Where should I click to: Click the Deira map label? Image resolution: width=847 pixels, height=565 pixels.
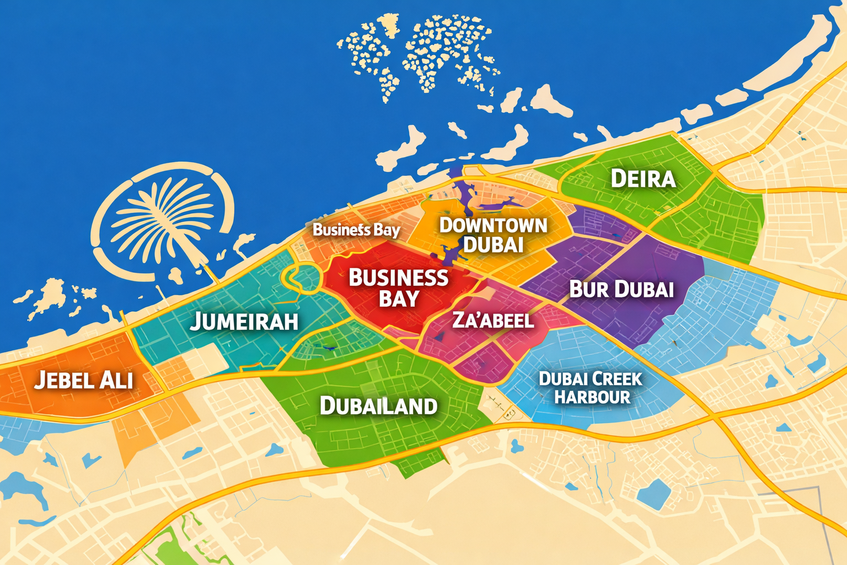coord(643,179)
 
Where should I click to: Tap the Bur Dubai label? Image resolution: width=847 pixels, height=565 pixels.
coord(621,289)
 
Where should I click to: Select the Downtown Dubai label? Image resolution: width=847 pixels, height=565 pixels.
coord(493,234)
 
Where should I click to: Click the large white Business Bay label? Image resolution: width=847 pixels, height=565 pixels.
coord(399,287)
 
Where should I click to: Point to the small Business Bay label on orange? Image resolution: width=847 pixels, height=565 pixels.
coord(356,230)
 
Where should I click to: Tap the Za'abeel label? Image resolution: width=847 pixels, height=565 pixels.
coord(493,320)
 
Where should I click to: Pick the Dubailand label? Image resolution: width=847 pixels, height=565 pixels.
coord(379,406)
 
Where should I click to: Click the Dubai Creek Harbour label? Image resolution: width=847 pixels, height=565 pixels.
coord(591,388)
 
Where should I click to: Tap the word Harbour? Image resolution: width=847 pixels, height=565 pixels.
coord(592,397)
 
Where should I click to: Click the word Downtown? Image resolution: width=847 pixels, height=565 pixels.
coord(493,225)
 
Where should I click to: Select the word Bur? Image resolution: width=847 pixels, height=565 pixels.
coord(588,289)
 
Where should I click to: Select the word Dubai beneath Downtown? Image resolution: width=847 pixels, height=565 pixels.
coord(493,244)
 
